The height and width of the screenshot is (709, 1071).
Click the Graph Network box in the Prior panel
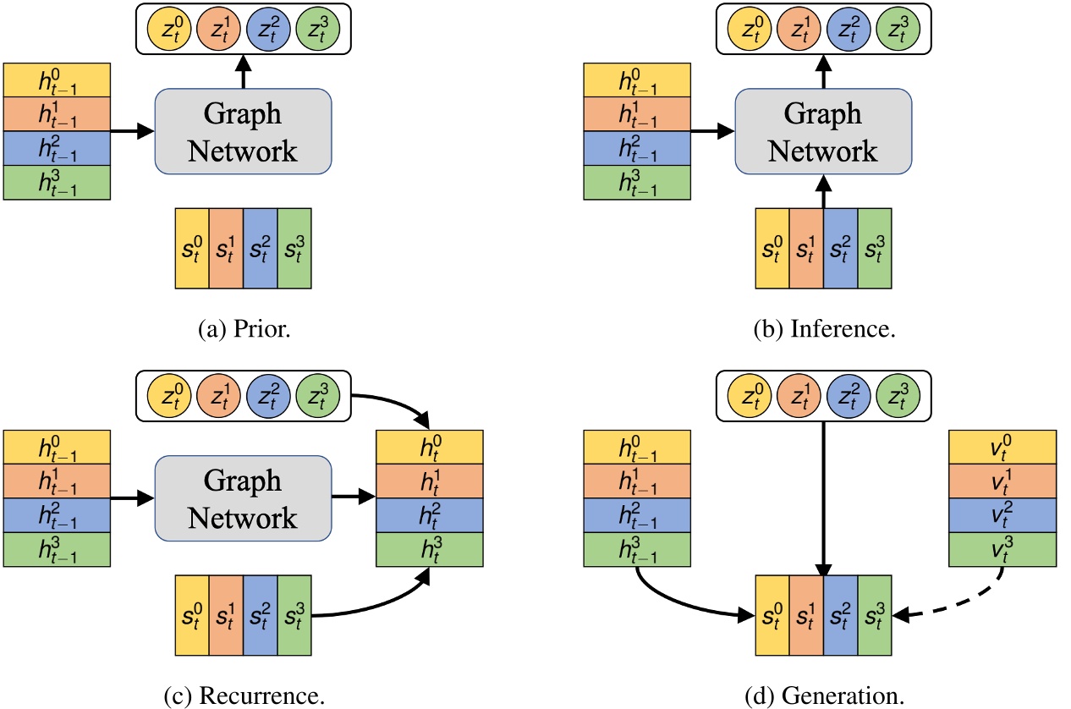pos(243,131)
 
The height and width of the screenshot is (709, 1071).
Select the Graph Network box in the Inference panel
pos(823,131)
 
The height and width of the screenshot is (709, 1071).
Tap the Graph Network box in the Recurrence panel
pos(243,499)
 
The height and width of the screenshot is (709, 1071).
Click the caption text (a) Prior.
pos(242,329)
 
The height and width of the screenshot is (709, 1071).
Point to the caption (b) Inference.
pos(824,329)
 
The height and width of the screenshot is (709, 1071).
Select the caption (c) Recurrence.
pos(250,697)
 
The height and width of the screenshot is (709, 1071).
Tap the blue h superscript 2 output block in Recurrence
pos(429,514)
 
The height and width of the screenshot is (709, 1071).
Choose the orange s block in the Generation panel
pos(806,615)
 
